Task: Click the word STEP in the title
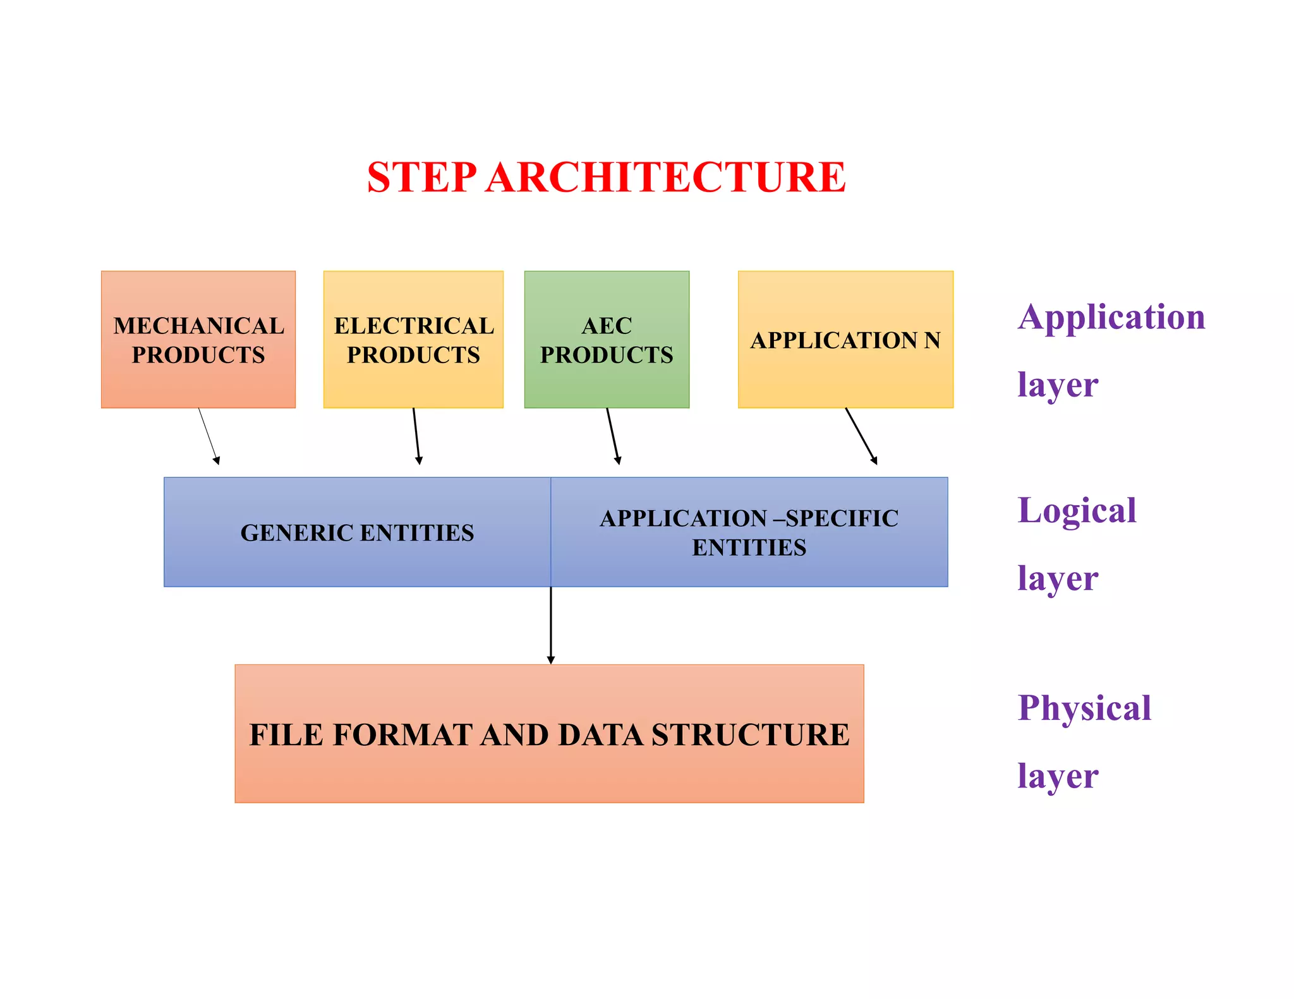421,177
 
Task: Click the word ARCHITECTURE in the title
666,177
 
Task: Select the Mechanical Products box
198,340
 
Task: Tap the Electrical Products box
413,340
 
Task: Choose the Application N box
845,340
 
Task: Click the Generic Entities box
357,532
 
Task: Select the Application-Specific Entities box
749,532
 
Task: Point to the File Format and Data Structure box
549,734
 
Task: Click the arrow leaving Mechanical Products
209,436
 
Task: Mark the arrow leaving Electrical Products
416,436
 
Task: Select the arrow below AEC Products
612,436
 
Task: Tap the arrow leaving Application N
861,436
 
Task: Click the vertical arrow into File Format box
551,625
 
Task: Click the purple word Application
1111,318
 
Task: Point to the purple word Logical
1077,511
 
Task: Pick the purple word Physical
1084,708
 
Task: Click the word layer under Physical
1058,776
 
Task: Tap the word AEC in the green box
607,326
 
